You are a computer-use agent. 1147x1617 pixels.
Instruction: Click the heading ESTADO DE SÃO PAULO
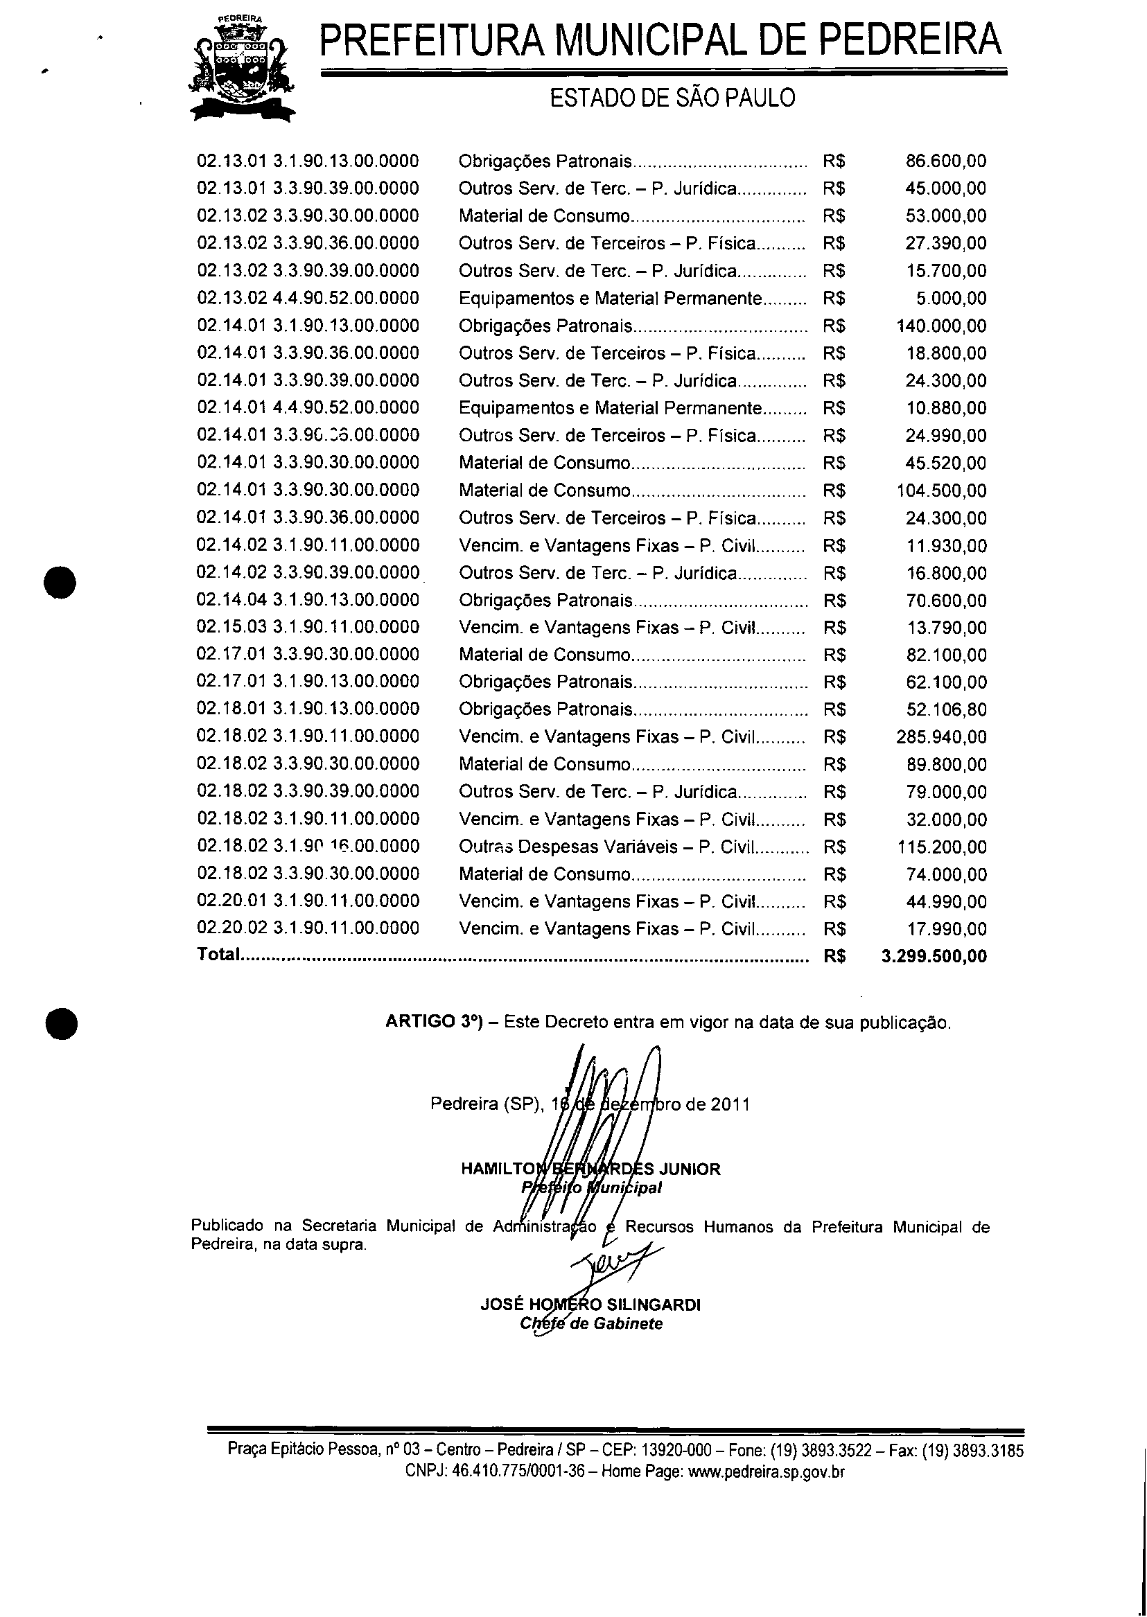point(672,98)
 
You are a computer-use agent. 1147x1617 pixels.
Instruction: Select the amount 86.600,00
point(946,161)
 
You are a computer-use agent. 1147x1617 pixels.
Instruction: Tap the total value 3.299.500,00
point(934,956)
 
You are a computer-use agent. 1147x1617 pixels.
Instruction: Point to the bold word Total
point(218,955)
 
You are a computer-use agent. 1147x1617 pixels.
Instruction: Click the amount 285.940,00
point(941,737)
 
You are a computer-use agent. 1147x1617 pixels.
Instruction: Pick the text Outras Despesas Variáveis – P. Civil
point(606,847)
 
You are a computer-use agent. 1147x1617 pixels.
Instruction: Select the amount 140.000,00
point(941,326)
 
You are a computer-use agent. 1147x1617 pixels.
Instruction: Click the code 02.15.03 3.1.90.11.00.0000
point(308,627)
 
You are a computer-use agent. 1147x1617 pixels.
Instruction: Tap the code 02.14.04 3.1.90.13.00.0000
point(308,599)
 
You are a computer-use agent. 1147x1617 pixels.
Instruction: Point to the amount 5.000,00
point(952,298)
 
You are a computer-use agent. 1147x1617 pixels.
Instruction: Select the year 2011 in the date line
point(730,1104)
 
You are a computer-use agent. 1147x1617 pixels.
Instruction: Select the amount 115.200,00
point(941,847)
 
